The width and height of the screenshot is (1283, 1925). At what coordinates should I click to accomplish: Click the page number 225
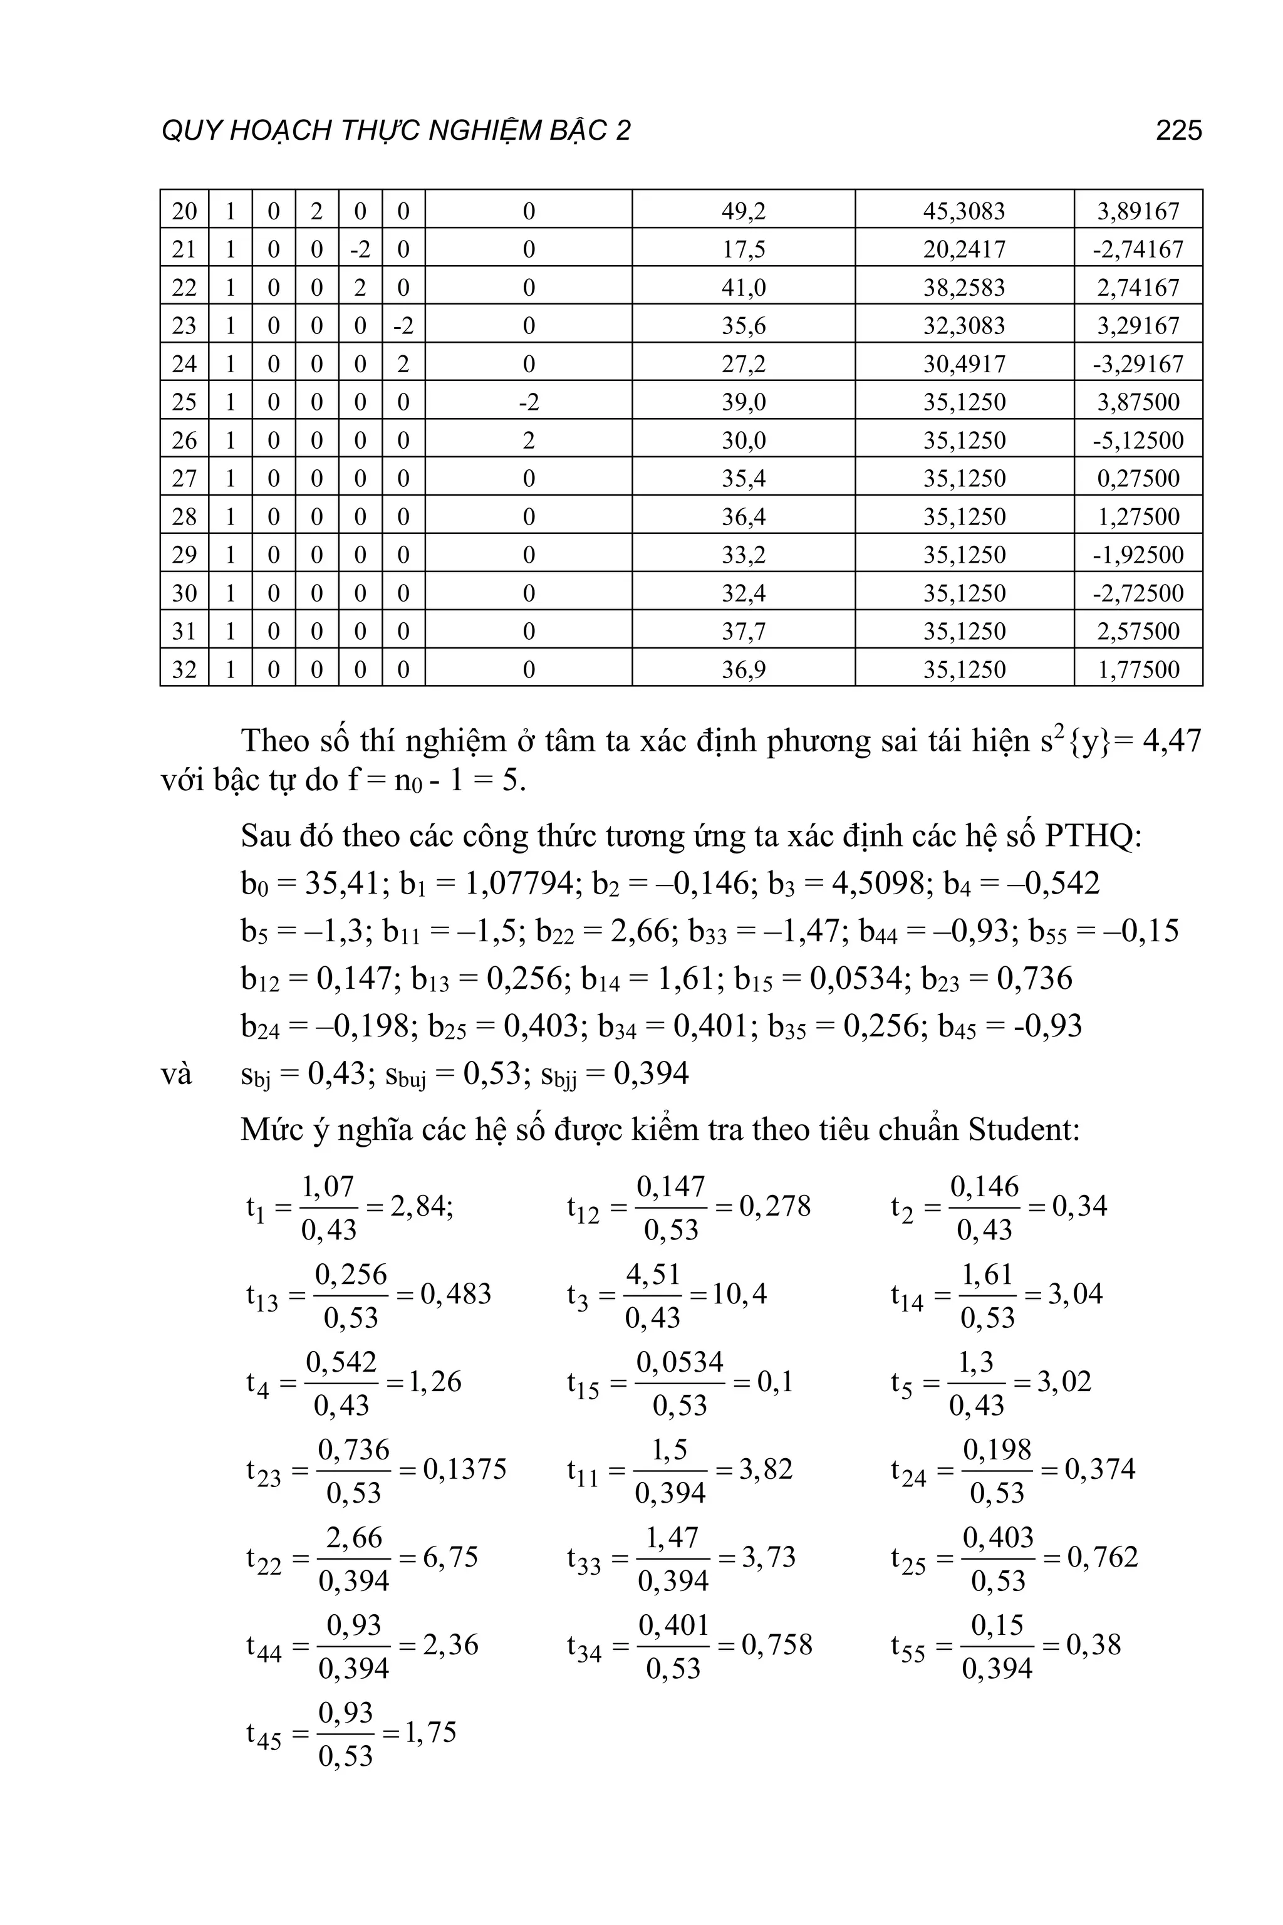(1178, 131)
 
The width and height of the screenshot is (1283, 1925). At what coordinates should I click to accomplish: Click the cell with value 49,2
(743, 211)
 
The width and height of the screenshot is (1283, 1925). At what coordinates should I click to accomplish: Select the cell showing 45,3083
(964, 211)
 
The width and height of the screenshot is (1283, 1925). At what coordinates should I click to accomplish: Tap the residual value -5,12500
(1138, 441)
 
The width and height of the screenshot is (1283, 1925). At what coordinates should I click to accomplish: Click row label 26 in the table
(184, 441)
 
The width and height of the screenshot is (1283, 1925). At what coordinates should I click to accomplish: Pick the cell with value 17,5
(743, 249)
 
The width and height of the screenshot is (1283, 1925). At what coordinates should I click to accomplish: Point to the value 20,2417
(964, 249)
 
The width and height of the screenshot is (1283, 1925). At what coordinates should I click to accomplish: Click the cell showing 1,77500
(1138, 669)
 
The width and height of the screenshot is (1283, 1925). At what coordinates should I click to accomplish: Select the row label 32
(184, 669)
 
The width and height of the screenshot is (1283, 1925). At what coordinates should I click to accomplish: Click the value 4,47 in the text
(1171, 741)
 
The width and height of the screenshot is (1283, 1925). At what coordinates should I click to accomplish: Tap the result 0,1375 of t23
(464, 1469)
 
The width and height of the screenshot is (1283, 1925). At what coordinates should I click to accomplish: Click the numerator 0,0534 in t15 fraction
(679, 1362)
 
